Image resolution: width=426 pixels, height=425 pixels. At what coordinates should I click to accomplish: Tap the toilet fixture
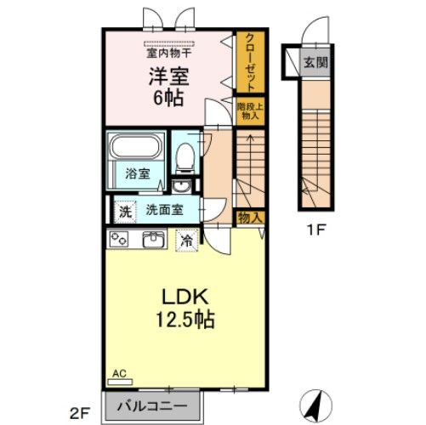[185, 158]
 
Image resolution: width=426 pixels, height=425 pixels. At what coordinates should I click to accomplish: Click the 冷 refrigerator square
[185, 241]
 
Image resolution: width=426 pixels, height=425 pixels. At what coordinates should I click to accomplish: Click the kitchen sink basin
[154, 240]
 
